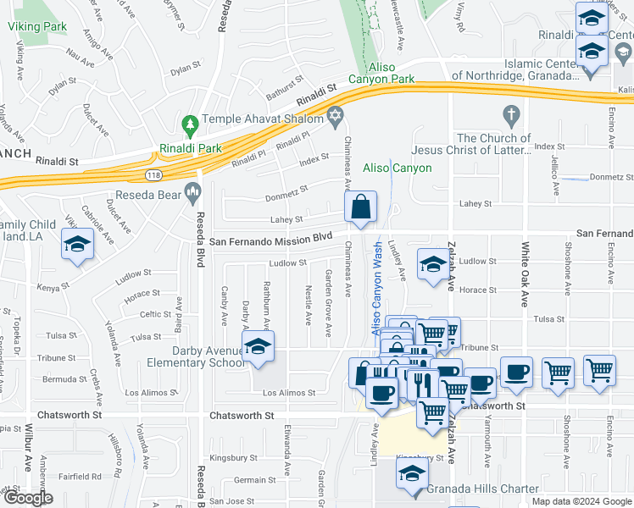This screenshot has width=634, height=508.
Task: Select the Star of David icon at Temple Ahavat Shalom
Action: click(335, 114)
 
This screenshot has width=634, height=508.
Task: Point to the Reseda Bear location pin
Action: click(194, 191)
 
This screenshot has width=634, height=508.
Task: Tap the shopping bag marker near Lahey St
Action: click(360, 207)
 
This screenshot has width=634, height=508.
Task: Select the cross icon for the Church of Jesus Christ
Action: click(510, 113)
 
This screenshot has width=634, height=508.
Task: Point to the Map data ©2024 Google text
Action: click(581, 501)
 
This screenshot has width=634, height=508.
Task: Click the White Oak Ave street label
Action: click(526, 275)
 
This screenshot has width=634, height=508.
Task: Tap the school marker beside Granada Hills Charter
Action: click(412, 476)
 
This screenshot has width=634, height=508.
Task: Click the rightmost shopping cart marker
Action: click(598, 371)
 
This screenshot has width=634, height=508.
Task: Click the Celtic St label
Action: click(156, 314)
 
